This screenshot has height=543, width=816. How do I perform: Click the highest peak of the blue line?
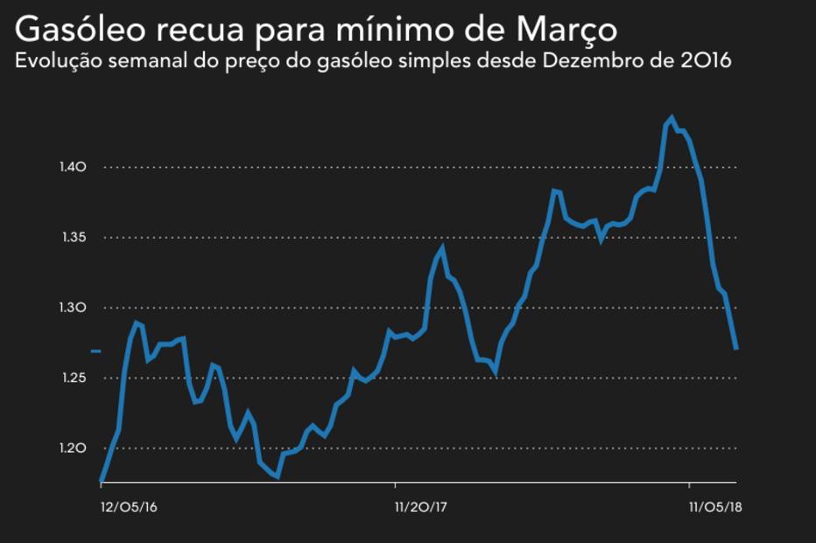point(672,118)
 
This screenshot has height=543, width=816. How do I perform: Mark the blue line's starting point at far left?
point(102,482)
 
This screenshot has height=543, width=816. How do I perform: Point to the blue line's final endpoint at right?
point(736,349)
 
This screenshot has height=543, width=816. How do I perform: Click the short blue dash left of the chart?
point(96,352)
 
